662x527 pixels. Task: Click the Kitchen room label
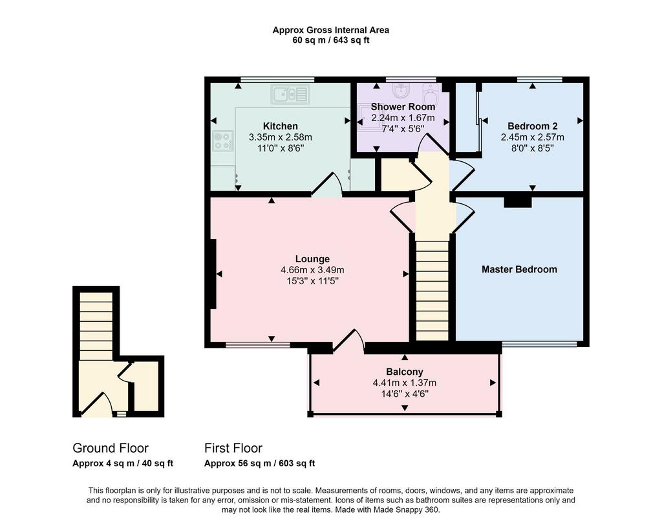(x=281, y=126)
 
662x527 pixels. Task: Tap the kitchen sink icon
(x=290, y=94)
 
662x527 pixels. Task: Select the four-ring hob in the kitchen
(x=222, y=140)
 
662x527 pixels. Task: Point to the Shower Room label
(x=403, y=107)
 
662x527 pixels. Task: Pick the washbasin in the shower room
(x=400, y=89)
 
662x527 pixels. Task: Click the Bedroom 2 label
(x=533, y=126)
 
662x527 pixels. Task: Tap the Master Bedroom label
(x=519, y=269)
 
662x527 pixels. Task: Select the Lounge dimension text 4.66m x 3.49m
(x=312, y=270)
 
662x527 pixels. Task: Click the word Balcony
(x=405, y=372)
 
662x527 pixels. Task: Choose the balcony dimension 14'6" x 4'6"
(x=405, y=394)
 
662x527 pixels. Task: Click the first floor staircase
(x=432, y=290)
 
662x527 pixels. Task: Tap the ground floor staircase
(x=96, y=326)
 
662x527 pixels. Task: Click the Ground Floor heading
(x=111, y=448)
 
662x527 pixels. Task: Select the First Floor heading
(x=233, y=448)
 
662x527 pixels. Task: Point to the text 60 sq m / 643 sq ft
(x=330, y=41)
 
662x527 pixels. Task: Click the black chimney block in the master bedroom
(x=518, y=202)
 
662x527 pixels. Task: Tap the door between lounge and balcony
(x=349, y=341)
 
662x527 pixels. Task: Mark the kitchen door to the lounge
(x=326, y=185)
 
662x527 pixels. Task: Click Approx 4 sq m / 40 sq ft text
(x=123, y=463)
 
